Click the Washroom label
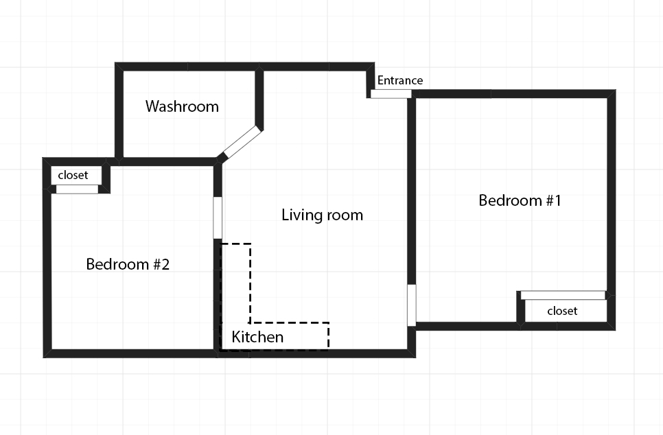(x=183, y=106)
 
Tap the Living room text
(x=322, y=215)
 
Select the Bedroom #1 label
(x=520, y=200)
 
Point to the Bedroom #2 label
(x=128, y=264)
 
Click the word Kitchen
(x=257, y=337)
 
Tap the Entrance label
(x=400, y=80)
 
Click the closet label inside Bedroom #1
(x=562, y=311)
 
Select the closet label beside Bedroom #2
(x=73, y=175)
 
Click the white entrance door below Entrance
(x=391, y=94)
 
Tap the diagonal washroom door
(x=242, y=141)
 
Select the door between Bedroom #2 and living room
(x=218, y=217)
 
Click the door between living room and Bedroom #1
(x=411, y=305)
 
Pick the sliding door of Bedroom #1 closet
(x=563, y=295)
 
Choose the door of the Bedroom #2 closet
(x=77, y=189)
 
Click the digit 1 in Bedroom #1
(x=557, y=200)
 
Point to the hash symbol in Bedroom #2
(x=155, y=265)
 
